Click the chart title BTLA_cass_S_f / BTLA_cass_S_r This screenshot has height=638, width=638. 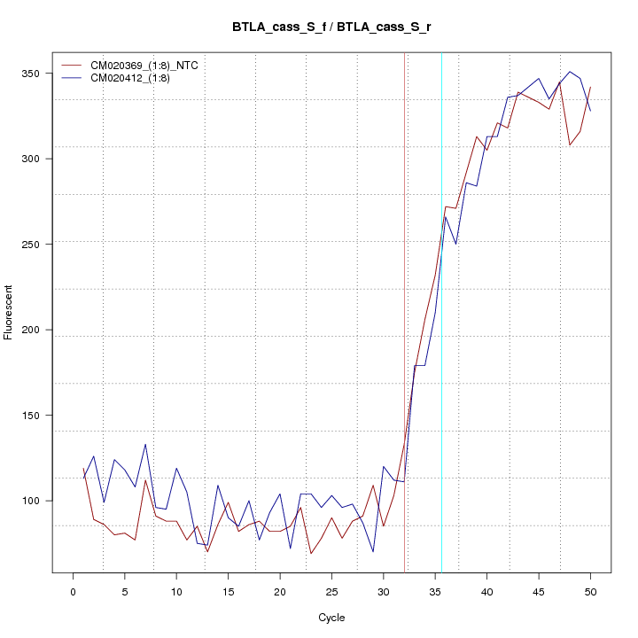pos(331,27)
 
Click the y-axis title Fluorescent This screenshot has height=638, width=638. pos(10,312)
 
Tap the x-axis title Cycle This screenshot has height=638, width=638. pos(331,618)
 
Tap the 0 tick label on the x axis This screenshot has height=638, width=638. pos(73,592)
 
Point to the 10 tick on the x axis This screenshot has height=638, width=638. pos(176,592)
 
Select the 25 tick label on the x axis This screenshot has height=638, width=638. pos(331,592)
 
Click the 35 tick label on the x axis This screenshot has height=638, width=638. pos(435,592)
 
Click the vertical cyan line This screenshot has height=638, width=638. pos(441,310)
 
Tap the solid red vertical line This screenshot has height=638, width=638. pos(405,310)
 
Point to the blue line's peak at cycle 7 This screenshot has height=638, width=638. pos(145,444)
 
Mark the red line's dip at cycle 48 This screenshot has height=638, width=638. pos(570,144)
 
